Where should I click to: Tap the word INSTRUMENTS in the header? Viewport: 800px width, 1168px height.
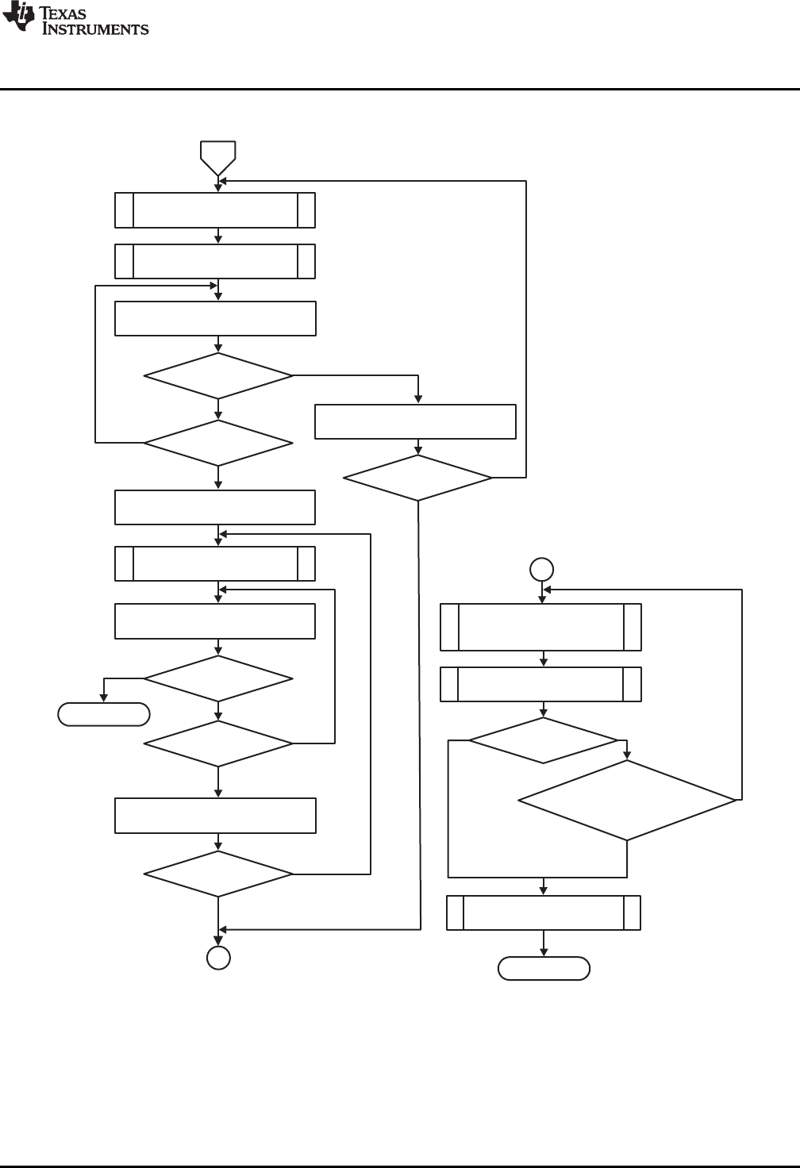[x=94, y=29]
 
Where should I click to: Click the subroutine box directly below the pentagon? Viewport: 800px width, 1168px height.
[x=215, y=209]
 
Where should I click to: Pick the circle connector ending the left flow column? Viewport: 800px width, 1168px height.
[x=218, y=959]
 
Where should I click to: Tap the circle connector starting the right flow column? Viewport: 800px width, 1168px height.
[x=542, y=569]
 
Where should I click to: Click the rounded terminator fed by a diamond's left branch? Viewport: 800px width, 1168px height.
[x=104, y=714]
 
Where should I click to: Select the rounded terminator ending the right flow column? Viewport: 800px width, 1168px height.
[x=544, y=969]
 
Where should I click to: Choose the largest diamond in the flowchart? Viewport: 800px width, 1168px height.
[x=627, y=800]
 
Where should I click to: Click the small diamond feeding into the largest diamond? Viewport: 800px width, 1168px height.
[x=543, y=741]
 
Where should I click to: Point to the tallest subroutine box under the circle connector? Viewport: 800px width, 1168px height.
[x=541, y=627]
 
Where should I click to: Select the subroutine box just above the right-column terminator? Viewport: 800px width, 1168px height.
[x=544, y=912]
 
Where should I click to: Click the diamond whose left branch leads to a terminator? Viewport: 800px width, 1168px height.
[x=218, y=679]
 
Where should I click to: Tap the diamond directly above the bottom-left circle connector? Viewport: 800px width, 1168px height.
[x=218, y=874]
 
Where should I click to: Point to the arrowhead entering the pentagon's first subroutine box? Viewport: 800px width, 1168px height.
[x=218, y=188]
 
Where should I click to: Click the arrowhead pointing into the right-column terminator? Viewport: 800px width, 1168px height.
[x=544, y=953]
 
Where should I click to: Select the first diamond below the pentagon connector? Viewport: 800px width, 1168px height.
[x=218, y=375]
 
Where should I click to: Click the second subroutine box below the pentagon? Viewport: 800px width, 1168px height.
[x=215, y=261]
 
